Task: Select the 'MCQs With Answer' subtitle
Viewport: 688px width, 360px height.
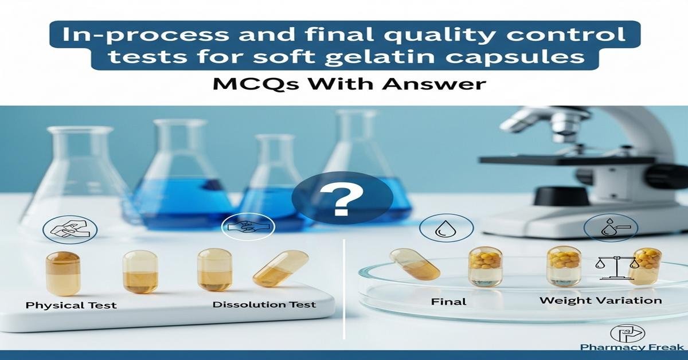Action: pos(350,84)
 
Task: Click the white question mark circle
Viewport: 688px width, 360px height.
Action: pos(342,198)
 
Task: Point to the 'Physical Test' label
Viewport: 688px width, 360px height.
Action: pos(71,306)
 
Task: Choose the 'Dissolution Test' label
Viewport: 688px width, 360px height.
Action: pos(264,304)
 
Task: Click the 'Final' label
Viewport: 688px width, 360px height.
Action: pos(448,302)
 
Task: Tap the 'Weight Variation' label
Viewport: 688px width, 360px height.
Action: pos(600,300)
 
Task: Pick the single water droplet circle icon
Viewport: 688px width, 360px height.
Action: pos(446,228)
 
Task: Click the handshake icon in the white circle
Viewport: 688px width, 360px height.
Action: pos(248,227)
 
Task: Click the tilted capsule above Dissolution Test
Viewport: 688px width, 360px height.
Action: pos(280,268)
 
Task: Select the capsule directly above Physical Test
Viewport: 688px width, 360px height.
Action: pos(63,273)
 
